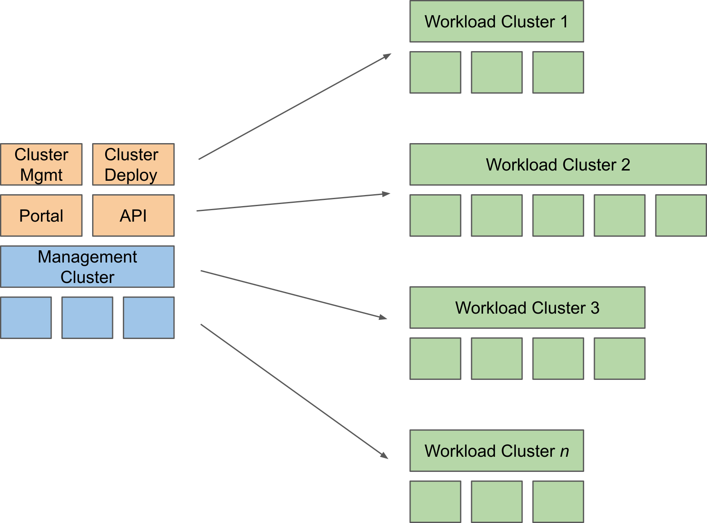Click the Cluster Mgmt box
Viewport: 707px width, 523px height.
click(41, 164)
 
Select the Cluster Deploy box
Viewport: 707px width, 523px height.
click(133, 164)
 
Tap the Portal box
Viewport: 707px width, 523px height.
click(41, 215)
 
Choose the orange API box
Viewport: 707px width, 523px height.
click(133, 215)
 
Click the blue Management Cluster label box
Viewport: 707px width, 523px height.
click(87, 267)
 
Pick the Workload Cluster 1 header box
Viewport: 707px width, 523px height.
click(496, 21)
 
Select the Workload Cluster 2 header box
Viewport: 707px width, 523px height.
click(558, 164)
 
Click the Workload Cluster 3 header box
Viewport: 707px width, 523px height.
click(527, 308)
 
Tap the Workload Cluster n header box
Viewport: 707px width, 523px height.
click(496, 451)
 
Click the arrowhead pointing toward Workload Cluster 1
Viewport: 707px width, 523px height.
click(387, 56)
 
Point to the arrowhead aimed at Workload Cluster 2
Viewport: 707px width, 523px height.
click(386, 194)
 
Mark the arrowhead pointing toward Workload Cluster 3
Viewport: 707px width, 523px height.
click(383, 317)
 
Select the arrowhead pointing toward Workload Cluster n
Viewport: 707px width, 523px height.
click(384, 455)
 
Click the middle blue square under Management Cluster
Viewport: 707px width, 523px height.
click(87, 318)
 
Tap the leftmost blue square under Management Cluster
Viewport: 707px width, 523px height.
click(26, 318)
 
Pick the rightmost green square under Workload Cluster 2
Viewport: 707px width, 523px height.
click(680, 215)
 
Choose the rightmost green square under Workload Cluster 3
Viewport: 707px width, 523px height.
click(619, 359)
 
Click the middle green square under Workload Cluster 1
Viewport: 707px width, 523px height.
click(497, 72)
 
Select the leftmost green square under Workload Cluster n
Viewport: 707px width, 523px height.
click(435, 502)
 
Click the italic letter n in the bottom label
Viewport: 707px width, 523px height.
click(565, 452)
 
